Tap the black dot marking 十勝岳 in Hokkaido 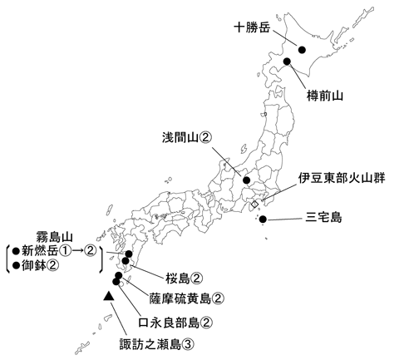(303, 51)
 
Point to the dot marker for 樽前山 (286, 62)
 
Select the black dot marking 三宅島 (263, 219)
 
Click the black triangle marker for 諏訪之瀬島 (108, 295)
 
